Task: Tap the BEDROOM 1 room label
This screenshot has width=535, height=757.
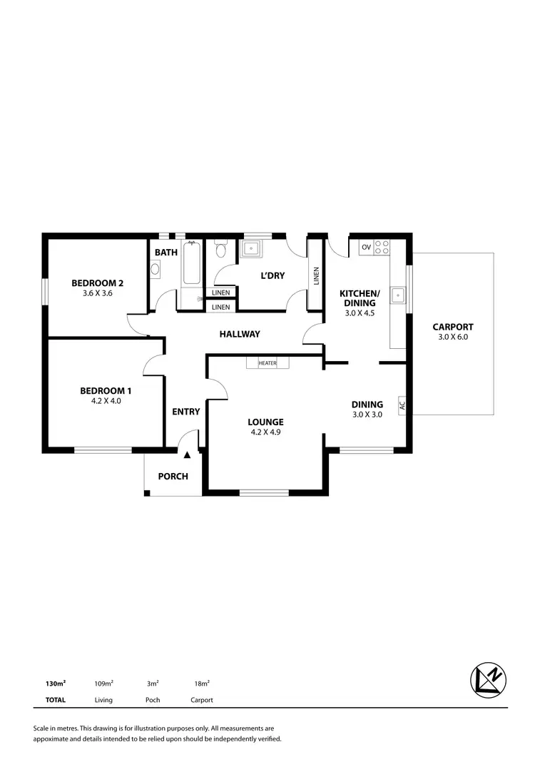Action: [106, 390]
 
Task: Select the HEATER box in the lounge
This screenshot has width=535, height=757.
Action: [267, 363]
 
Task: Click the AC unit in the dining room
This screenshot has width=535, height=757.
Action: [402, 405]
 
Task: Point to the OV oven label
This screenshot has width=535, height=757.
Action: [366, 247]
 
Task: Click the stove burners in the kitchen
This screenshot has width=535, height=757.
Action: [382, 247]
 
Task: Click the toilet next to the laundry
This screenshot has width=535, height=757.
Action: [220, 250]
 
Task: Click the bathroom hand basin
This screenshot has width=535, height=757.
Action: [156, 269]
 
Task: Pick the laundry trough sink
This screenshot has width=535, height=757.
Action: [251, 249]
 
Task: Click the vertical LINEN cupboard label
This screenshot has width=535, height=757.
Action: [315, 276]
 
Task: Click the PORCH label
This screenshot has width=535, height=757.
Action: [173, 476]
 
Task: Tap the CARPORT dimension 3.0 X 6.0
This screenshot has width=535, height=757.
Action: [453, 337]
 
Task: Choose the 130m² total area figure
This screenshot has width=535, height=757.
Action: [56, 683]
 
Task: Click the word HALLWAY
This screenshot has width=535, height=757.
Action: [240, 334]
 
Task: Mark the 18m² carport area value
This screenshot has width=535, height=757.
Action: [201, 683]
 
